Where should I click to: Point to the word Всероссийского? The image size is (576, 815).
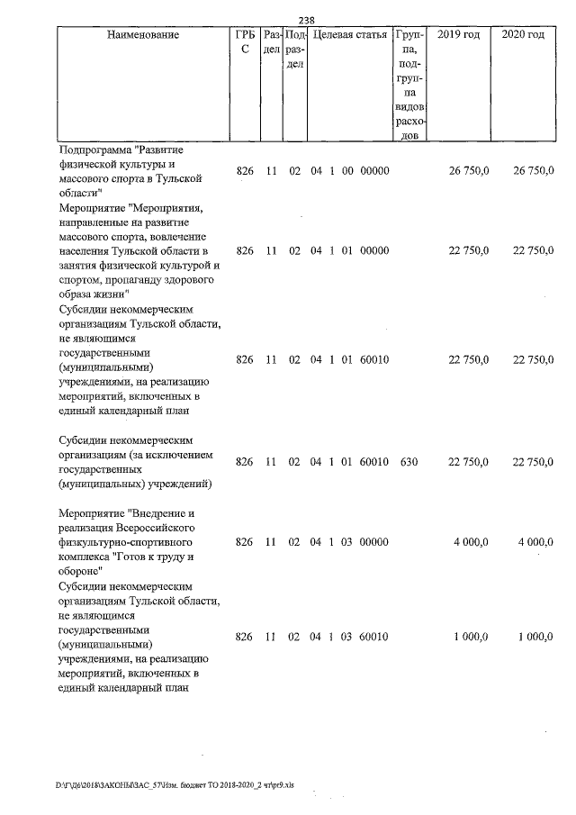[x=158, y=528]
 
